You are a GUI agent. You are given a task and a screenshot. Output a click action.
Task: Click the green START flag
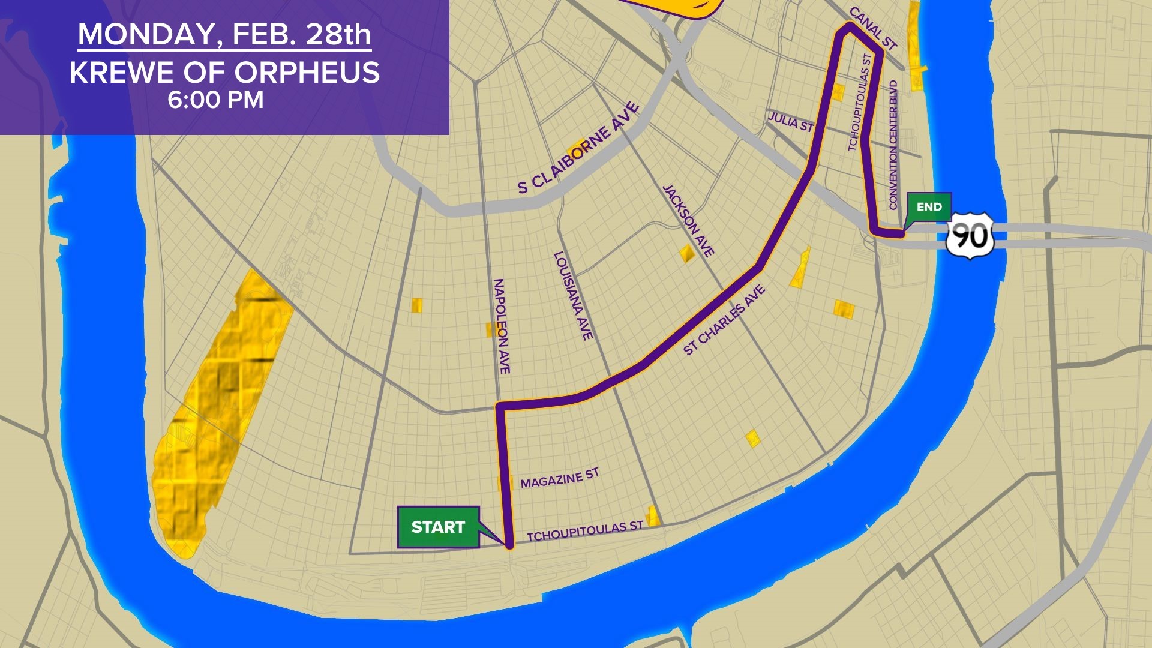(x=438, y=527)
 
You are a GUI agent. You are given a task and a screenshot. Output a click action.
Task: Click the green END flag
(x=929, y=207)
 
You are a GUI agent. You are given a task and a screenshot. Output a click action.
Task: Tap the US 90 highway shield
(x=970, y=236)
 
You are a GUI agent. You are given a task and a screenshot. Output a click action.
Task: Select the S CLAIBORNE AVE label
(x=578, y=149)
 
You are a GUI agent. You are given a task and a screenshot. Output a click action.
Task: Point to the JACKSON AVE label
(x=688, y=221)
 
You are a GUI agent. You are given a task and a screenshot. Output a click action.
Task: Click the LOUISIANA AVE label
(x=573, y=296)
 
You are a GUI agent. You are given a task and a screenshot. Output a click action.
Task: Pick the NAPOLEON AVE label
(x=502, y=326)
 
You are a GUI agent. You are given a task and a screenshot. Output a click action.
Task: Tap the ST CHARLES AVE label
(x=724, y=320)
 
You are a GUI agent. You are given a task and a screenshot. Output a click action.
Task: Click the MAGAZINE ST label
(x=559, y=478)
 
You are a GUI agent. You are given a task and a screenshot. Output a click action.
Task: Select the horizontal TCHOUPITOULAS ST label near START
(x=585, y=531)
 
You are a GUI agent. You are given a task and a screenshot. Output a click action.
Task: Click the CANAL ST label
(x=873, y=29)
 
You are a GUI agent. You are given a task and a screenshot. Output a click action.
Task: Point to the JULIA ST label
(x=791, y=122)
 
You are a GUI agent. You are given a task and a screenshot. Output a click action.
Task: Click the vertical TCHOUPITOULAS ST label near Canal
(x=859, y=102)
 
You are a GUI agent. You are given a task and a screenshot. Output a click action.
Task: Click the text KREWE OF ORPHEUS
(x=224, y=73)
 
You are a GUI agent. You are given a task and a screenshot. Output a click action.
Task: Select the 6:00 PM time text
(x=215, y=100)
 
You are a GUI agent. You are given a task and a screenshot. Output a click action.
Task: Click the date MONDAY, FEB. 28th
(x=224, y=34)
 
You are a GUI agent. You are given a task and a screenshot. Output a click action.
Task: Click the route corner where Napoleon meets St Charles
(x=499, y=407)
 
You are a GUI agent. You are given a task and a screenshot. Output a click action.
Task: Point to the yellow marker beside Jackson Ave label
(x=686, y=253)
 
